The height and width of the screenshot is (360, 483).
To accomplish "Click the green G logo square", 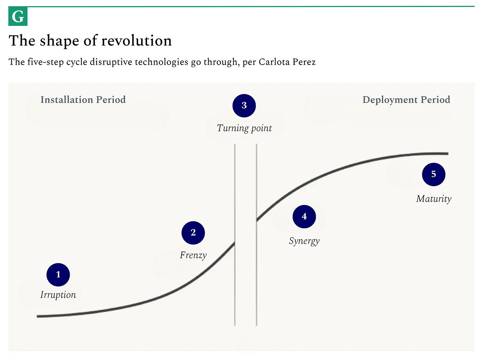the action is [x=18, y=16].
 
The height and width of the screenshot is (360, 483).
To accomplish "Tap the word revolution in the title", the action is [x=136, y=41].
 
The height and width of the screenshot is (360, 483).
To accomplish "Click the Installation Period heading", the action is [x=83, y=100].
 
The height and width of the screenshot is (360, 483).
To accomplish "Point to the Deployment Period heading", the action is [x=406, y=100].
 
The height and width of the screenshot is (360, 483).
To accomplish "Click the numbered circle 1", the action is [x=58, y=275].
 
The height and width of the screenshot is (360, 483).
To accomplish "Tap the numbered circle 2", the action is [x=193, y=233].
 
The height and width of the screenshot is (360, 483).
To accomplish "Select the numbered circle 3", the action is [x=244, y=106].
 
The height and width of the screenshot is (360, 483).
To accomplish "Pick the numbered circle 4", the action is [x=304, y=217].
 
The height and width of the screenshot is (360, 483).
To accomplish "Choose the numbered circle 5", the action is [x=434, y=174].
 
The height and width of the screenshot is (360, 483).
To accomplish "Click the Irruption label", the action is [x=58, y=295].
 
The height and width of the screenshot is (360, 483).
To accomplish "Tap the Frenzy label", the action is [x=193, y=255].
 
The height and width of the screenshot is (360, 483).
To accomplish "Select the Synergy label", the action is [x=304, y=241].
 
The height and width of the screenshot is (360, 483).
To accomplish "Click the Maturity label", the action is [x=434, y=199].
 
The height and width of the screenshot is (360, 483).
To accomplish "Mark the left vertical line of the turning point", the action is [x=235, y=235].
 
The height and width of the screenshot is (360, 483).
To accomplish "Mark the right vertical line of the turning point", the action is [x=256, y=235].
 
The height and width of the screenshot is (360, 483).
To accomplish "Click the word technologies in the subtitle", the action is [x=162, y=62].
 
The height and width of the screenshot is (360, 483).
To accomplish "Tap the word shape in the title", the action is [x=59, y=41].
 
